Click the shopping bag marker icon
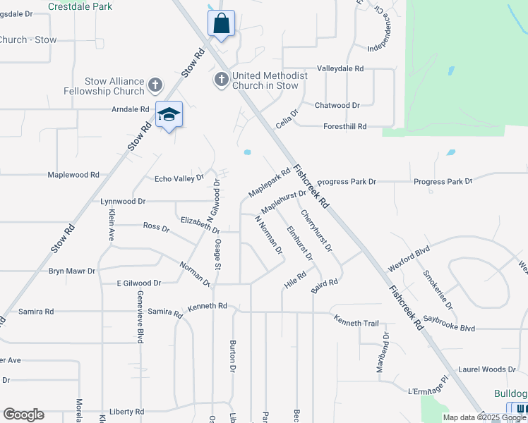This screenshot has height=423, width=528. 221,23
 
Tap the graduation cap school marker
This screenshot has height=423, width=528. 169,114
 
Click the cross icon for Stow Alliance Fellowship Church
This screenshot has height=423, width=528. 155,86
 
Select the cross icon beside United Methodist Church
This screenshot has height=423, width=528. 221,80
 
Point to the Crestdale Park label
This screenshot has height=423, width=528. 80,6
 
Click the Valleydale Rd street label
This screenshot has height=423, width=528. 340,68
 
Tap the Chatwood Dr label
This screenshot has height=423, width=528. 337,105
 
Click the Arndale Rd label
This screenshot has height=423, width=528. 131,109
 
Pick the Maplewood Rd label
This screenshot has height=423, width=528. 73,174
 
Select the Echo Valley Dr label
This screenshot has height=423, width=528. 179,178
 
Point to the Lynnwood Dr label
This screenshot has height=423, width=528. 123,201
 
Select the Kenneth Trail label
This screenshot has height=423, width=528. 356,323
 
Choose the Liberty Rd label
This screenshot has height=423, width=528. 127,411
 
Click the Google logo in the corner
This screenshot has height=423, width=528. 23,415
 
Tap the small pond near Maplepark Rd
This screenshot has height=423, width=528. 247,152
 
